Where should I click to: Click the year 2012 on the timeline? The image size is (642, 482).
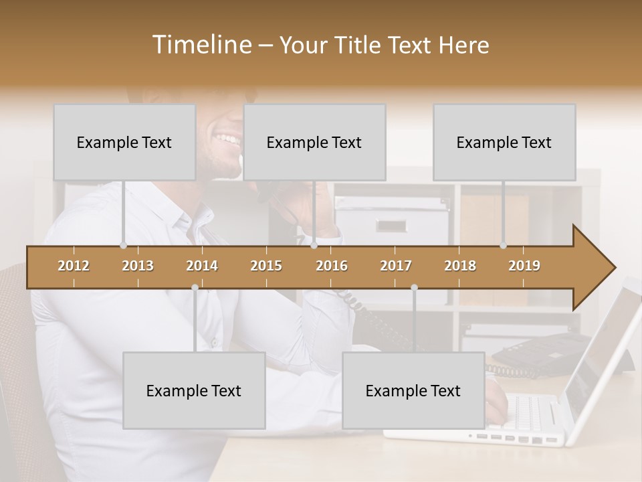click(74, 266)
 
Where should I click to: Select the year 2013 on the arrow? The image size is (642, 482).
click(138, 266)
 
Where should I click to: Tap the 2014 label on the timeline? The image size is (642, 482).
click(202, 266)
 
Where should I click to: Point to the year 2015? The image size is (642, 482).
click(266, 266)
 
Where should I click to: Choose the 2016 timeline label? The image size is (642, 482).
click(332, 266)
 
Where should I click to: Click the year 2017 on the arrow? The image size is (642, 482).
click(396, 266)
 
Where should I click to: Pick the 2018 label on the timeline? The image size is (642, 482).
click(460, 266)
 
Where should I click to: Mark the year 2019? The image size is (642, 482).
click(524, 266)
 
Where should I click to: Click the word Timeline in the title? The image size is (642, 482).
click(201, 45)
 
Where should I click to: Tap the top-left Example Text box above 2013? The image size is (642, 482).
click(124, 142)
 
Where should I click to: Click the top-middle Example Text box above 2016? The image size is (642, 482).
click(314, 142)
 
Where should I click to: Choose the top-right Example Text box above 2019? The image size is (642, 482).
click(504, 142)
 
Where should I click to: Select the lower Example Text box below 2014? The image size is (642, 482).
click(194, 390)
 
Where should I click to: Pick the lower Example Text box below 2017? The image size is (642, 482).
click(413, 390)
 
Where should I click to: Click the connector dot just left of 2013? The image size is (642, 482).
click(123, 246)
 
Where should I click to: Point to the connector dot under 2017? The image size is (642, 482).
click(414, 287)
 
